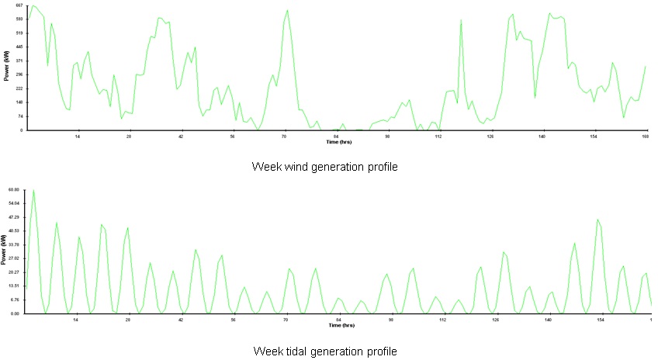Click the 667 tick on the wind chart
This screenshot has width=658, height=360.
pyautogui.click(x=19, y=5)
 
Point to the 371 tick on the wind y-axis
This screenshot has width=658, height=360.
pyautogui.click(x=19, y=61)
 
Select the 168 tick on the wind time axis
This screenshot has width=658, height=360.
pyautogui.click(x=645, y=136)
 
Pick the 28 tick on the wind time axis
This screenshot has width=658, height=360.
pyautogui.click(x=129, y=136)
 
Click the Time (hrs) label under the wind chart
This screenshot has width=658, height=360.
pyautogui.click(x=338, y=141)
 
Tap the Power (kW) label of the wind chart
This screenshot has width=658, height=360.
pyautogui.click(x=6, y=67)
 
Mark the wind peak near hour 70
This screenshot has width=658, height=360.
pyautogui.click(x=287, y=10)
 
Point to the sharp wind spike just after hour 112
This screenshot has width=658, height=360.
pyautogui.click(x=461, y=20)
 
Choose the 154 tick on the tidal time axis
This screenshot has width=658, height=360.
pyautogui.click(x=600, y=320)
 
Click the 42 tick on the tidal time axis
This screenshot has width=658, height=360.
pyautogui.click(x=181, y=320)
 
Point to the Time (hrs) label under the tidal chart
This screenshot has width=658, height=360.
pyautogui.click(x=338, y=325)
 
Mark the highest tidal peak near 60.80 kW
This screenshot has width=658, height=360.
pyautogui.click(x=33, y=190)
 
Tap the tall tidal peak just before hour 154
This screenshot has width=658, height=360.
pyautogui.click(x=597, y=220)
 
